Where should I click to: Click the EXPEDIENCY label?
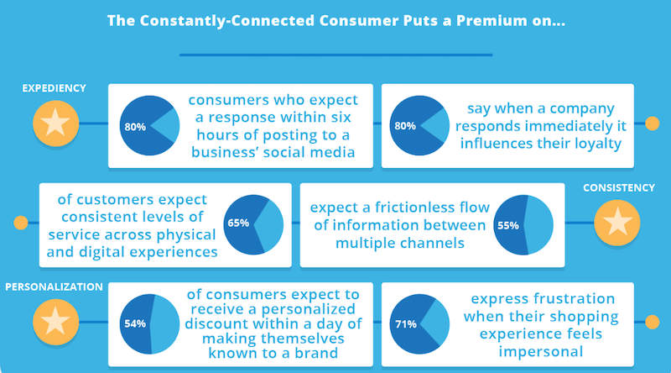coord(54,88)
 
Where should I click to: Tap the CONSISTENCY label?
coord(619,188)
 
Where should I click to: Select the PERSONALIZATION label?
coord(54,286)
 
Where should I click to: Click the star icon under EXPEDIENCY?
coord(55,123)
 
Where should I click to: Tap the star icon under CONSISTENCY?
coord(617,223)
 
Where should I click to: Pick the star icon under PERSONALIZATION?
coord(55,322)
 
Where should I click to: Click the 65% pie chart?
coord(253,224)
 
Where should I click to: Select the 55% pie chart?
coord(523,225)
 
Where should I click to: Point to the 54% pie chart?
coord(149,323)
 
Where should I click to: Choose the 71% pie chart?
coord(419,323)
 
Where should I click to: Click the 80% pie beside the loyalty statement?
coord(419,125)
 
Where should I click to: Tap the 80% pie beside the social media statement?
coord(149,125)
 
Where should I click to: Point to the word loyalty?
coord(597,144)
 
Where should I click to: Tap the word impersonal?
coord(541,351)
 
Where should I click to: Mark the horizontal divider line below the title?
coord(336,55)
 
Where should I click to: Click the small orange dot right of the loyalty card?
coord(653,123)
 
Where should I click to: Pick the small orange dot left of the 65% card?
coord(20,223)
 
